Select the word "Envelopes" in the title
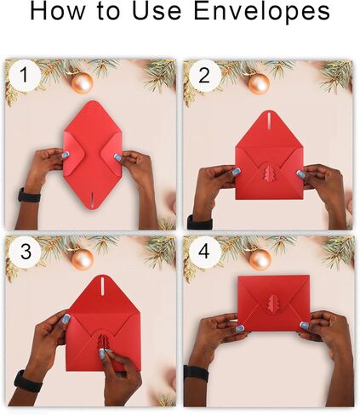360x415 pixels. pos(262,13)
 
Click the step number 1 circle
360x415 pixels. pos(25,75)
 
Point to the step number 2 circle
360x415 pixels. pos(204,76)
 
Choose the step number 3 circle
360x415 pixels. pos(26,252)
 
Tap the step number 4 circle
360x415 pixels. pos(204,252)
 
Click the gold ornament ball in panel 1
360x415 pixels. pos(83,82)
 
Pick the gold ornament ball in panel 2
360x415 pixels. pos(259,83)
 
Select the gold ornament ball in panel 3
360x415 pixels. pos(83,259)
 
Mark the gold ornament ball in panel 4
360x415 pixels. pos(260,259)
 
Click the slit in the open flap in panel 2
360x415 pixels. pos(269,118)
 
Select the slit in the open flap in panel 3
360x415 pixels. pos(103,284)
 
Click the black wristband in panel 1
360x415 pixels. pos(29,195)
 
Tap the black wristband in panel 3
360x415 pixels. pos(27,382)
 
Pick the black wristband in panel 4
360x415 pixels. pos(196,373)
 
